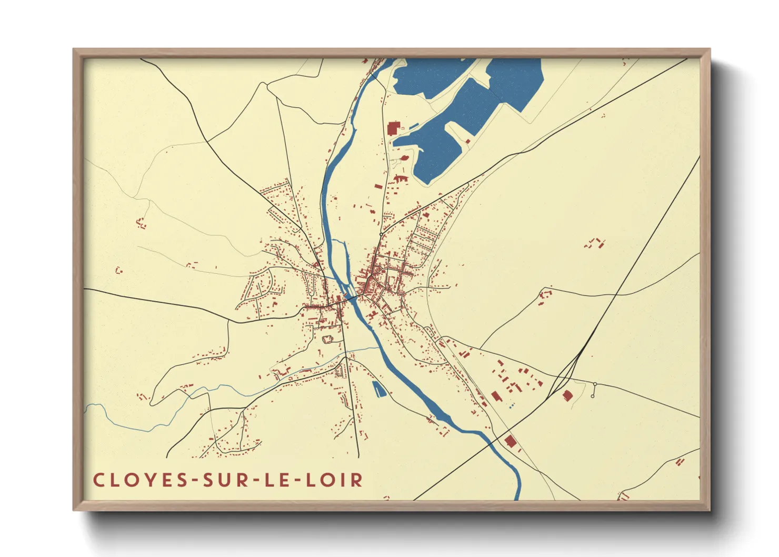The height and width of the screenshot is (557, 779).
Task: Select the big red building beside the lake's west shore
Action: [x=393, y=128]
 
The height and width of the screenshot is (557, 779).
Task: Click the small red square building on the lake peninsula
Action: [x=468, y=141]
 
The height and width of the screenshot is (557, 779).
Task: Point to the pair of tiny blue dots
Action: [x=511, y=406]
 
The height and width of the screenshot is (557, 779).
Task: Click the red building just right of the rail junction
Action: [x=567, y=395]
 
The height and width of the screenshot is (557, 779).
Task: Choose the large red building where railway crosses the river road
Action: [x=509, y=441]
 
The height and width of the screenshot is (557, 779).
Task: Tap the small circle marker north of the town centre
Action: [x=381, y=234]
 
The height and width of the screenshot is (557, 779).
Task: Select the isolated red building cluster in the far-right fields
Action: [x=595, y=243]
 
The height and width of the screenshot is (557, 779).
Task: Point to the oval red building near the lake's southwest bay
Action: [x=404, y=157]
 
